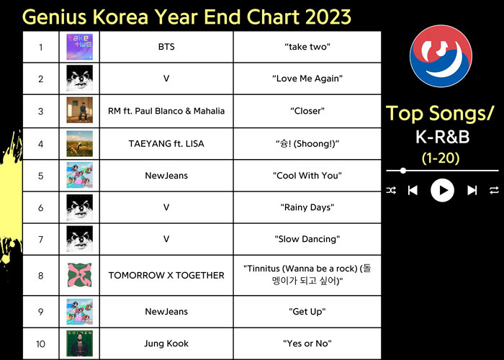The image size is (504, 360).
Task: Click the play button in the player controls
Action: click(x=442, y=190)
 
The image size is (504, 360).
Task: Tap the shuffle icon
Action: click(x=391, y=190)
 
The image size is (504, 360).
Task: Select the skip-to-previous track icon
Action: click(x=413, y=190)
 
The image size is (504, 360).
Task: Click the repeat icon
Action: click(x=494, y=190)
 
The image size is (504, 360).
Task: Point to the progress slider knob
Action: click(x=403, y=171)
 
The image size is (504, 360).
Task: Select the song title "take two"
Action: click(x=307, y=48)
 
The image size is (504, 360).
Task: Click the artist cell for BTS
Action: click(x=166, y=48)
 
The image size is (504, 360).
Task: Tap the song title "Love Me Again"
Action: click(x=307, y=78)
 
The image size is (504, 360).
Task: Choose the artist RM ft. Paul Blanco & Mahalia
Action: click(x=166, y=111)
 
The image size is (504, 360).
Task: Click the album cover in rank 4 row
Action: click(x=79, y=143)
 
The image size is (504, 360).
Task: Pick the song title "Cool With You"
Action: click(x=307, y=176)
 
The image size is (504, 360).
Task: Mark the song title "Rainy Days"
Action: click(x=307, y=207)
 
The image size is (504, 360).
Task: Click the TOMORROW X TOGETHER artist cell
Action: click(x=166, y=275)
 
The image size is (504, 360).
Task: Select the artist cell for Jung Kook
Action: click(x=166, y=343)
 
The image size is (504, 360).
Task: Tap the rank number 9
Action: click(x=41, y=311)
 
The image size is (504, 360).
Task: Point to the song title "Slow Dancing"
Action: click(x=307, y=239)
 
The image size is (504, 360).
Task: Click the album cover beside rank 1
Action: click(x=79, y=48)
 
